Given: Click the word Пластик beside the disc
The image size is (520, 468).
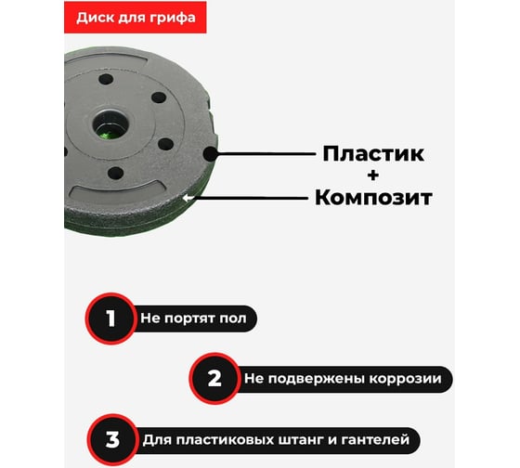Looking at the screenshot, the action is click(x=373, y=153).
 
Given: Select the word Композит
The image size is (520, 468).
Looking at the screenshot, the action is click(x=373, y=198).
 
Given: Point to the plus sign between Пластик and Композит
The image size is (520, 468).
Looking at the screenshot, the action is click(x=373, y=175).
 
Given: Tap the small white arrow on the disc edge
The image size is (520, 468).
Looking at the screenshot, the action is click(x=188, y=199).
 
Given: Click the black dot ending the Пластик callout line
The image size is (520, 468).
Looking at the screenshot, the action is click(x=210, y=154).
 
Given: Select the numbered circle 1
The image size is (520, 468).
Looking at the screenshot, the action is click(x=110, y=318).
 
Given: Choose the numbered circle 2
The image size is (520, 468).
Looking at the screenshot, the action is click(x=214, y=378).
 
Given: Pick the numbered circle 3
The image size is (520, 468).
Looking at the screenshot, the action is click(x=112, y=440).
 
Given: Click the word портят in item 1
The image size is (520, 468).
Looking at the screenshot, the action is click(x=190, y=319).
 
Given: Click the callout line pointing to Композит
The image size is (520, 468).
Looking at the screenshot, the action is click(x=252, y=198).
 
